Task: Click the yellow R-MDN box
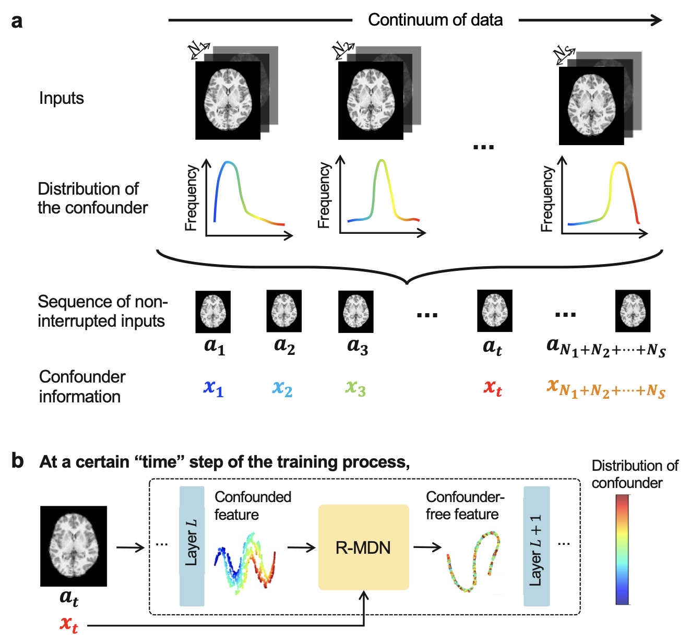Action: (x=363, y=547)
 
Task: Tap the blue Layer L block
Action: (x=192, y=546)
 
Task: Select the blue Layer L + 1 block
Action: (x=537, y=546)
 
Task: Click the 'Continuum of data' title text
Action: (x=435, y=20)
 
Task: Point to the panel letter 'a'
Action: (x=17, y=21)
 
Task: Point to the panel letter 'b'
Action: (x=18, y=461)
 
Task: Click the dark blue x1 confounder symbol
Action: (x=213, y=388)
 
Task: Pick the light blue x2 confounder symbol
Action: (x=282, y=388)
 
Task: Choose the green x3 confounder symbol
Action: (x=355, y=388)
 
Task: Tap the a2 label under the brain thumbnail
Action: (x=284, y=346)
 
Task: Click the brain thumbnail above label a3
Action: (x=356, y=312)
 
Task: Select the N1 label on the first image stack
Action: (x=198, y=50)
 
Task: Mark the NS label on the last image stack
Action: (x=564, y=54)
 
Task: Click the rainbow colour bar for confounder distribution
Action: (x=622, y=549)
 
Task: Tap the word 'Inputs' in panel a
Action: (x=61, y=98)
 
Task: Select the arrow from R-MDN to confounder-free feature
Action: (x=427, y=547)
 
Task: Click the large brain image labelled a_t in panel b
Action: (x=74, y=546)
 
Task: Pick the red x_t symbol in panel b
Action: (x=69, y=624)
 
